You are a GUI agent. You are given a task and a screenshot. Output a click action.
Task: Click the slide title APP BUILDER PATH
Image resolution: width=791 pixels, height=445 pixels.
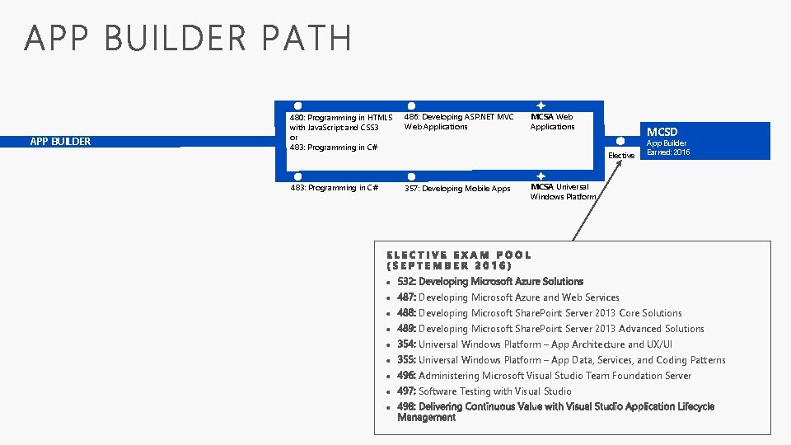tap(188, 39)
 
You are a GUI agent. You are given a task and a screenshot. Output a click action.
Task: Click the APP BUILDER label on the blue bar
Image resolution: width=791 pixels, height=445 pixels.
tap(60, 141)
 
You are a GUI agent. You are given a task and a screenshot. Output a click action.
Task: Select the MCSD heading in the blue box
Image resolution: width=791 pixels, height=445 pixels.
tap(662, 132)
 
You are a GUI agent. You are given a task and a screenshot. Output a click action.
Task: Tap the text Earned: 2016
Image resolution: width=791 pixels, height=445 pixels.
tap(668, 152)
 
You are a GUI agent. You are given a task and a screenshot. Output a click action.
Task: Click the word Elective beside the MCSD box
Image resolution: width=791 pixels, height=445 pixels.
tap(620, 155)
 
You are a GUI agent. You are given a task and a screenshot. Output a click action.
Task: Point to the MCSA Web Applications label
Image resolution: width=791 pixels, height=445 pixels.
tap(552, 122)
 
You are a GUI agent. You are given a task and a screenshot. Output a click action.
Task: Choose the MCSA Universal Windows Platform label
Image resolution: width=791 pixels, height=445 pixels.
tap(563, 192)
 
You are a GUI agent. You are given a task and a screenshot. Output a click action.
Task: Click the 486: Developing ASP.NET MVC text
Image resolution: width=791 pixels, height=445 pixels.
tap(459, 117)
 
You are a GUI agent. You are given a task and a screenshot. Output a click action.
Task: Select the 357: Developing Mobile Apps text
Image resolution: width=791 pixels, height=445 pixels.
tap(457, 189)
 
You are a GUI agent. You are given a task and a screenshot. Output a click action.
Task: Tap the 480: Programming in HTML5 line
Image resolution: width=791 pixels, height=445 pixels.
tap(339, 118)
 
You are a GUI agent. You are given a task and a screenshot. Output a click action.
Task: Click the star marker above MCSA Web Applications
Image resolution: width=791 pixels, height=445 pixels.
tap(540, 105)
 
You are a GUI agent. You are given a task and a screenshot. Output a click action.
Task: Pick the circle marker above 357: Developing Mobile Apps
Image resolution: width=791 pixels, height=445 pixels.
tap(411, 176)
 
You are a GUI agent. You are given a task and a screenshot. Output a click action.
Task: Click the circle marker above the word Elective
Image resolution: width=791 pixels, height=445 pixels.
tap(620, 142)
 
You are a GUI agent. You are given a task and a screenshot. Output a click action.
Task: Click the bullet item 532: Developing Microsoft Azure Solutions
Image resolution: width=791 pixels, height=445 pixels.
tap(489, 282)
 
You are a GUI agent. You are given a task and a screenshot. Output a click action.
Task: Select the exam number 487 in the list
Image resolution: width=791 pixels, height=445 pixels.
tap(406, 297)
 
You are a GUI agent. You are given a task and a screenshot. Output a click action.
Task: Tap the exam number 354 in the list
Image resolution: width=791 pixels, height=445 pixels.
tap(406, 344)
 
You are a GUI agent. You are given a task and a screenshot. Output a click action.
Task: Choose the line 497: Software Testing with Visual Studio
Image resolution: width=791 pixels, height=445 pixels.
tap(484, 391)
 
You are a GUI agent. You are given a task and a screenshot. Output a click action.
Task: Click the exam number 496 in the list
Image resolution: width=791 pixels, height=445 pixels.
tap(406, 376)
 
